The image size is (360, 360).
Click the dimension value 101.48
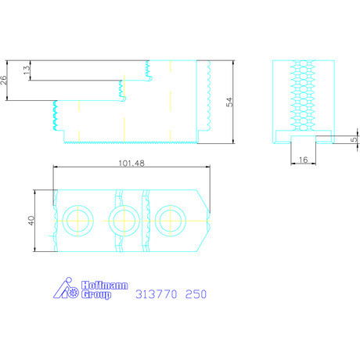pyautogui.click(x=131, y=164)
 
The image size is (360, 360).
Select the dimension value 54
pyautogui.click(x=229, y=102)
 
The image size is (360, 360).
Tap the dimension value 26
pyautogui.click(x=3, y=80)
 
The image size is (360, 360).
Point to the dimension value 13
pyautogui.click(x=27, y=70)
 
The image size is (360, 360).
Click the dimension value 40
pyautogui.click(x=31, y=221)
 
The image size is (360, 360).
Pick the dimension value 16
pyautogui.click(x=303, y=160)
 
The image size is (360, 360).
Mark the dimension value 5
pyautogui.click(x=354, y=139)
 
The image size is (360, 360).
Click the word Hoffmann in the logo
pyautogui.click(x=105, y=286)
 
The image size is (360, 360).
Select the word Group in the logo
pyautogui.click(x=96, y=294)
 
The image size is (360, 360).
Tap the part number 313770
pyautogui.click(x=157, y=294)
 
